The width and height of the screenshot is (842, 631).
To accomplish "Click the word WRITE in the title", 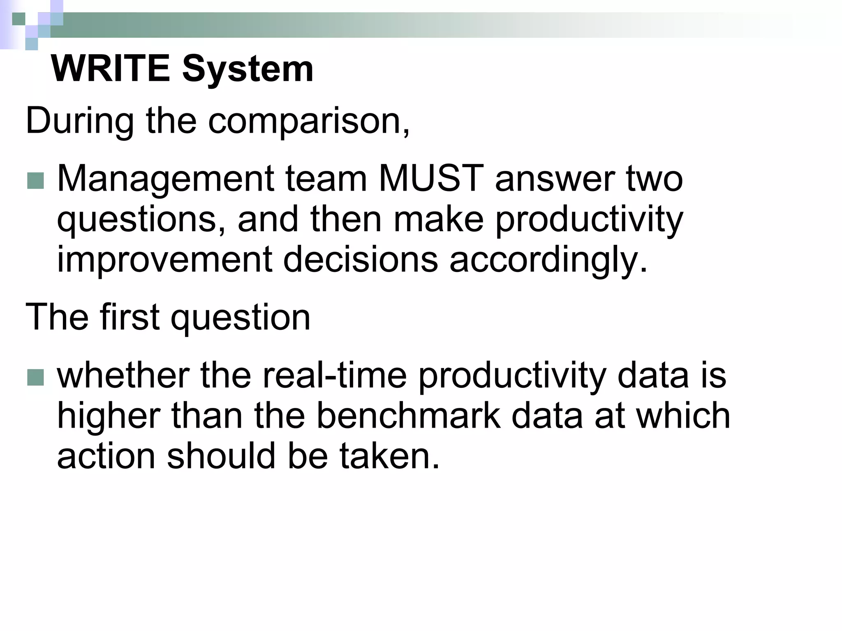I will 110,69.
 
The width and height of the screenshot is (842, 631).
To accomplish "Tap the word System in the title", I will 248,69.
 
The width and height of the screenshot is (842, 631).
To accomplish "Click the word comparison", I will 308,120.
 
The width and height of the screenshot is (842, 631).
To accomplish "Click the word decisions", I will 361,259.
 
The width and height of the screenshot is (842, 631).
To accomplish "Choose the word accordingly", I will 548,259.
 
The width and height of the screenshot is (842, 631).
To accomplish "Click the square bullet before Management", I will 35,180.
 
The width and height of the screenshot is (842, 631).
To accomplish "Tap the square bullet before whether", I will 35,377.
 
